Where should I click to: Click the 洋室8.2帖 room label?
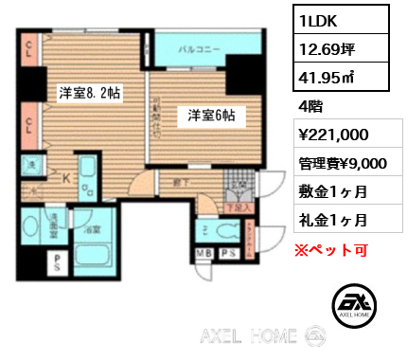89,93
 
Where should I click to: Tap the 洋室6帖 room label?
210,116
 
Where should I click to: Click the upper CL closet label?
30,50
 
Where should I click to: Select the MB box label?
203,253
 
